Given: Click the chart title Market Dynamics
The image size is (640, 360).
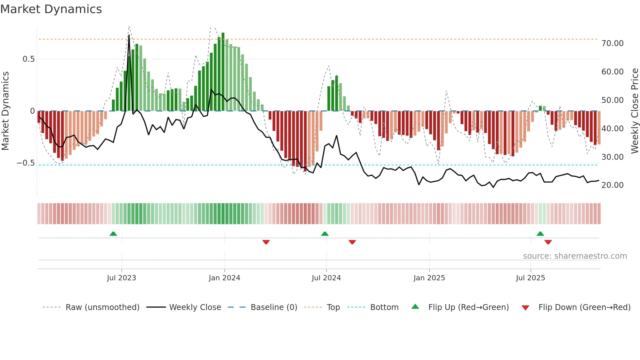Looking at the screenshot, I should [51, 9].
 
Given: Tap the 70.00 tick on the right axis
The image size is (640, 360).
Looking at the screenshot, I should [612, 43].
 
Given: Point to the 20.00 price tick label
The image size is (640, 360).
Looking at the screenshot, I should [612, 185].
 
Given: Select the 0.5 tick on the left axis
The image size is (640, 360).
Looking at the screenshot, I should [28, 59].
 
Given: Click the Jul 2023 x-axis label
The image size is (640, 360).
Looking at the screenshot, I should [121, 278].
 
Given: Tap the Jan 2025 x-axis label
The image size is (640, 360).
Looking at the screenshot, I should [429, 278].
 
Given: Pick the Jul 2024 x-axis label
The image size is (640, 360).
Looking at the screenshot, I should [326, 278].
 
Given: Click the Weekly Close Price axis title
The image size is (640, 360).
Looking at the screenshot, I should [634, 111].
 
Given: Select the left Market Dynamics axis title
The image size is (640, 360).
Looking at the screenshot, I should [5, 111].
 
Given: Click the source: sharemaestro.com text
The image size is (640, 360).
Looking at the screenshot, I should [575, 256].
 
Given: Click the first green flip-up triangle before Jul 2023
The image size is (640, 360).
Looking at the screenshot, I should [113, 234].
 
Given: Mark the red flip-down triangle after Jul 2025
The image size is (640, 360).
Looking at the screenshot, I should [548, 242].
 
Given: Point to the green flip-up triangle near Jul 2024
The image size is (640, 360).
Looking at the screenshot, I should [325, 234].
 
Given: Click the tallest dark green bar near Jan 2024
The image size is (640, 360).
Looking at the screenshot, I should [223, 72].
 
